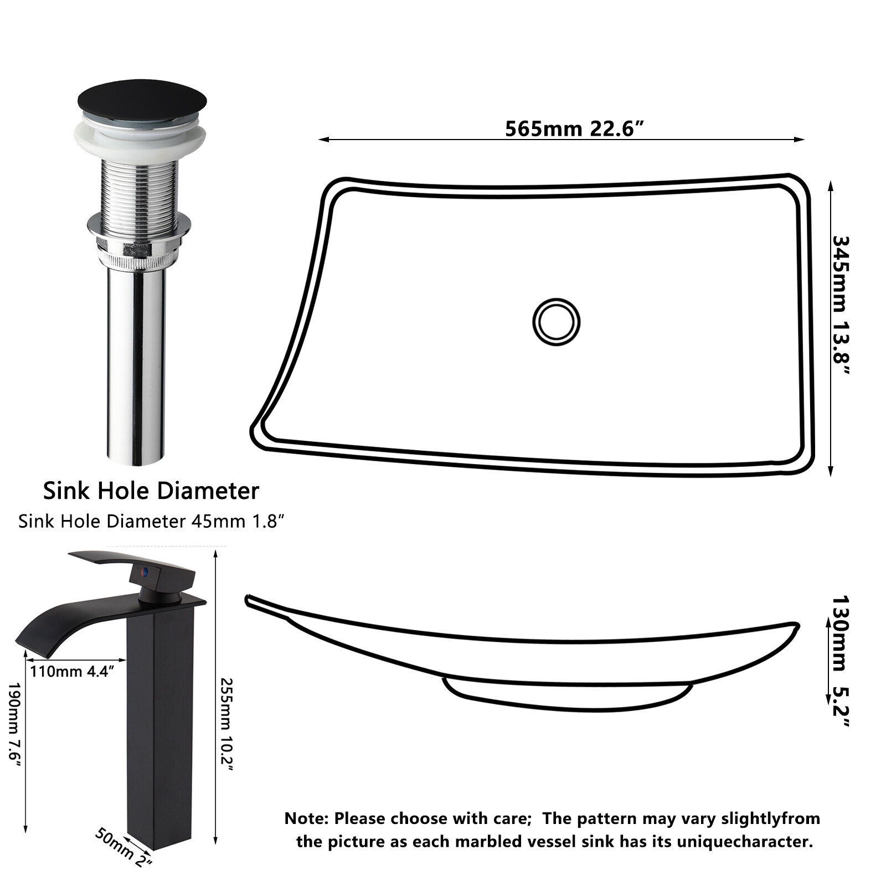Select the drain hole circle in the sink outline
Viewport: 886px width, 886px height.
pos(556,322)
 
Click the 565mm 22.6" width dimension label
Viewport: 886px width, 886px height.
pos(574,129)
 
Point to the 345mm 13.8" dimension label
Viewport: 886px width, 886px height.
pos(841,306)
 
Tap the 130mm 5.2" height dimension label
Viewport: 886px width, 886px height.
pos(841,661)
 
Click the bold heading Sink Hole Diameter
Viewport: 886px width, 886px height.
pos(151,491)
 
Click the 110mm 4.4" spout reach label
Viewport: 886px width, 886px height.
pos(73,672)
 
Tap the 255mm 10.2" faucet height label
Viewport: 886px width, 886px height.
pos(228,724)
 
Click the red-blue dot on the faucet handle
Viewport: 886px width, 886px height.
pos(146,571)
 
